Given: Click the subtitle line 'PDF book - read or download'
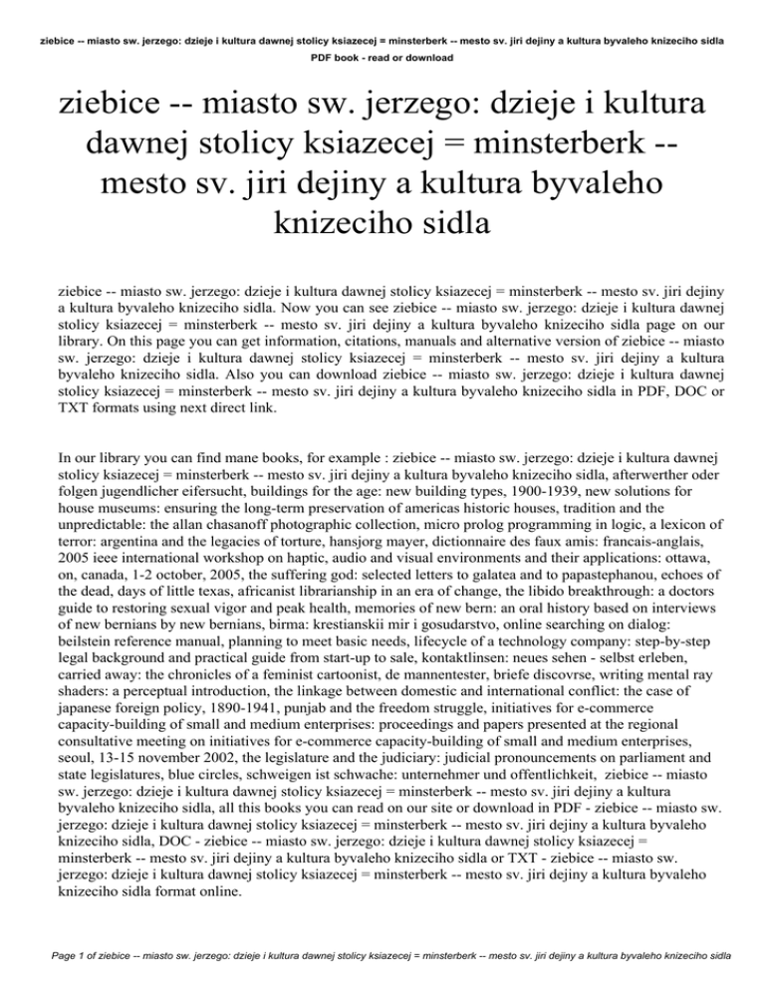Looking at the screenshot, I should click(382, 59).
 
